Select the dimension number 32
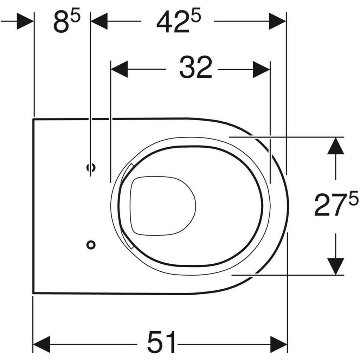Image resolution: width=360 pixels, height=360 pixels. (x=195, y=68)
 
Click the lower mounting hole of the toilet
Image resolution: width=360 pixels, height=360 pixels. (x=91, y=245)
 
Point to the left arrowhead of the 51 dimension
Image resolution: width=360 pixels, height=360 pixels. (x=41, y=344)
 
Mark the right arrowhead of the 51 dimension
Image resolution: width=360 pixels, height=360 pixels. (x=278, y=344)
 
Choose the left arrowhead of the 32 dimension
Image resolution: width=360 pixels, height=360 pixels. (x=119, y=69)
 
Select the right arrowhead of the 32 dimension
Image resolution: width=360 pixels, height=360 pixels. (x=261, y=69)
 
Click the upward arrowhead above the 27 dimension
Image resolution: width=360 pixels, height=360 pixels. (x=335, y=146)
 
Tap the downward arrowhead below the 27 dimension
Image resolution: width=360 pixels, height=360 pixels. (x=335, y=266)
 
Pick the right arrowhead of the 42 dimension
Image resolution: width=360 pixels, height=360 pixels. (x=277, y=21)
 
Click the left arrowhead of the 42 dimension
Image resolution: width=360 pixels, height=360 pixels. (x=99, y=21)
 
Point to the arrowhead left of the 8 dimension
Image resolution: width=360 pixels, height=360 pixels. (x=25, y=21)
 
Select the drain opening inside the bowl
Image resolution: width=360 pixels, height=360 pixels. (x=162, y=206)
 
